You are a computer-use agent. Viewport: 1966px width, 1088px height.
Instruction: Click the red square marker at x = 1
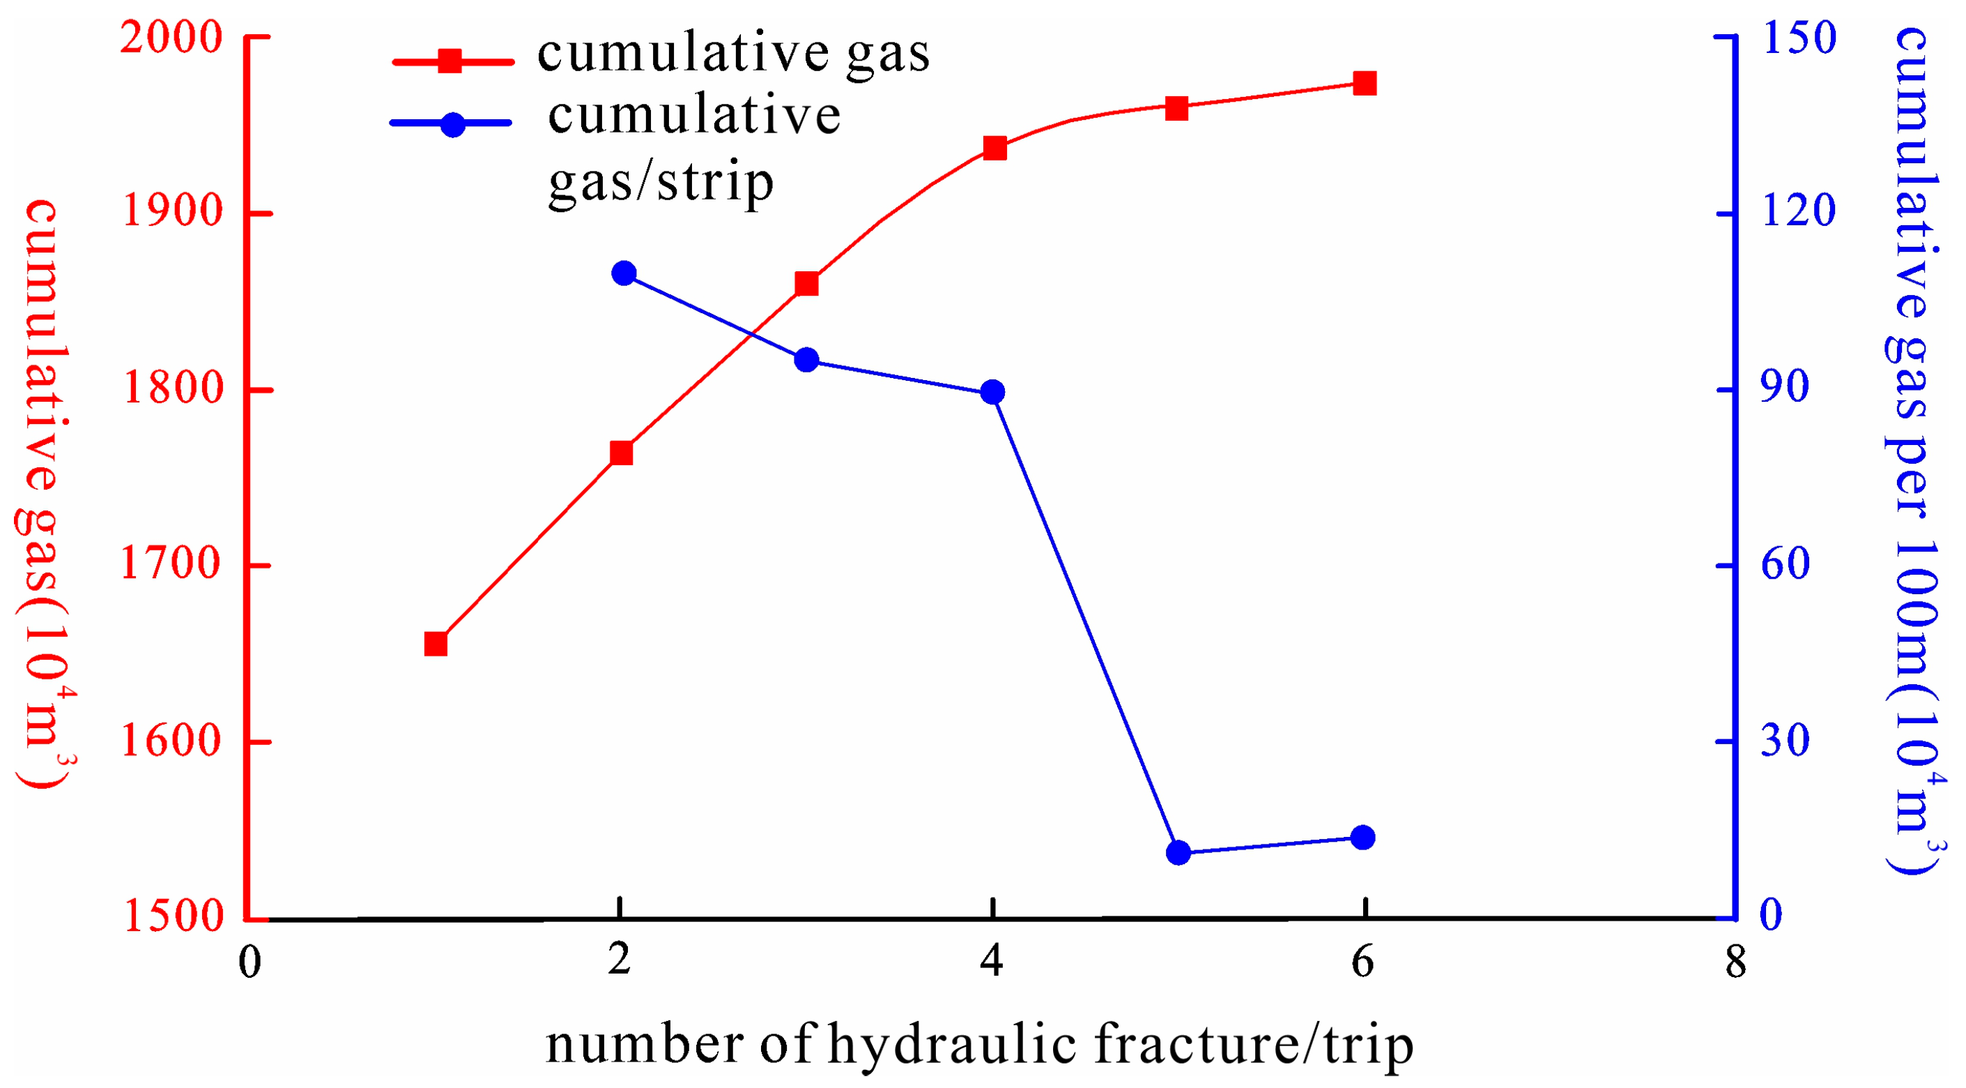coord(436,644)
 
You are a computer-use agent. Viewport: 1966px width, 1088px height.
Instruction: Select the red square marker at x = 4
coord(994,147)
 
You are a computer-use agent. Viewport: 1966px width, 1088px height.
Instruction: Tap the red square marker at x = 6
coord(1365,83)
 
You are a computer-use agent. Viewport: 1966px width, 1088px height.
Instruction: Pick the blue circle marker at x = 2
coord(624,273)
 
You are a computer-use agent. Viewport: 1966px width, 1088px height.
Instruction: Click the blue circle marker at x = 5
coord(1178,852)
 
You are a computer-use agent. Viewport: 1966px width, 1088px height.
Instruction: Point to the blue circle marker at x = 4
coord(992,393)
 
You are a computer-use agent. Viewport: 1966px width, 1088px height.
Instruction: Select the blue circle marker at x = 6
coord(1363,838)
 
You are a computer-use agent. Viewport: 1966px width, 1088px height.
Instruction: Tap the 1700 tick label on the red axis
coord(171,565)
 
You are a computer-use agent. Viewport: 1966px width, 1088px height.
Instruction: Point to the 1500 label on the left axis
coord(172,916)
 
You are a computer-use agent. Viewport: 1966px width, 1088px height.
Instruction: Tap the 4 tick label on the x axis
coord(992,960)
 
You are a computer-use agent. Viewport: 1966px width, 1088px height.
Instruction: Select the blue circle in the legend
coord(453,124)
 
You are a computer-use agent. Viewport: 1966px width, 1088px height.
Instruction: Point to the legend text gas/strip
coord(661,183)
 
